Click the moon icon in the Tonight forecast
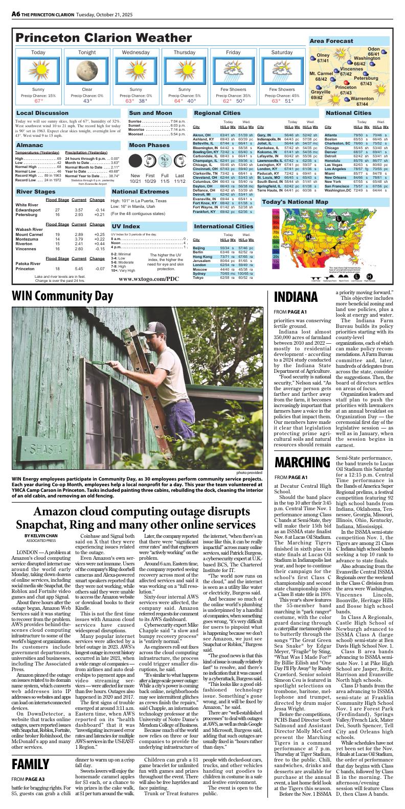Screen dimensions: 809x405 click(x=87, y=70)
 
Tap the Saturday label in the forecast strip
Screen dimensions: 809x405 click(x=282, y=53)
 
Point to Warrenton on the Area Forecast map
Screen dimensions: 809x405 click(x=362, y=99)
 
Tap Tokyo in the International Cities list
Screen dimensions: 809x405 click(x=199, y=277)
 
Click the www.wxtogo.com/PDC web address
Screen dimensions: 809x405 click(x=148, y=279)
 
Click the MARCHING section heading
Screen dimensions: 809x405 click(x=300, y=463)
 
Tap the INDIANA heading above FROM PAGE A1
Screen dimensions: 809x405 click(x=296, y=297)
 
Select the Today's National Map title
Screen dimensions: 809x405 click(x=295, y=202)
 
